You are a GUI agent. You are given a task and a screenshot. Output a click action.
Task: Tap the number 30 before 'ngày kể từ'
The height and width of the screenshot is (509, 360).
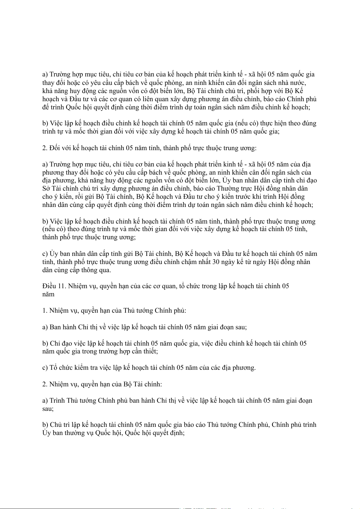[x=216, y=262]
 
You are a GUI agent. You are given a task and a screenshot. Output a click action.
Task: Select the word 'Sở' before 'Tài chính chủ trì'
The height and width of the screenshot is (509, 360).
[x=46, y=189]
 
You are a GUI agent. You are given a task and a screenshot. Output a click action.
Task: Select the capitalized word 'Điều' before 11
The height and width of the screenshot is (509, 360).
[x=49, y=286]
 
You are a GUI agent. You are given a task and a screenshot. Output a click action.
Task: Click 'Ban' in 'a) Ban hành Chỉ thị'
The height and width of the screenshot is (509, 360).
[x=55, y=327]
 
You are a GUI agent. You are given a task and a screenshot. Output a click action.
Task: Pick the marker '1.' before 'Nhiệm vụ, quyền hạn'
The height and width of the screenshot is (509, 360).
[x=45, y=311]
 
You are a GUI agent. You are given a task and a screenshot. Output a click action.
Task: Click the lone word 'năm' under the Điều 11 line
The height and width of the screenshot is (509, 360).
[x=48, y=294]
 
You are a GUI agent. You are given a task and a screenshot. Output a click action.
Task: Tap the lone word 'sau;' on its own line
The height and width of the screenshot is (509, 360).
[x=48, y=409]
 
